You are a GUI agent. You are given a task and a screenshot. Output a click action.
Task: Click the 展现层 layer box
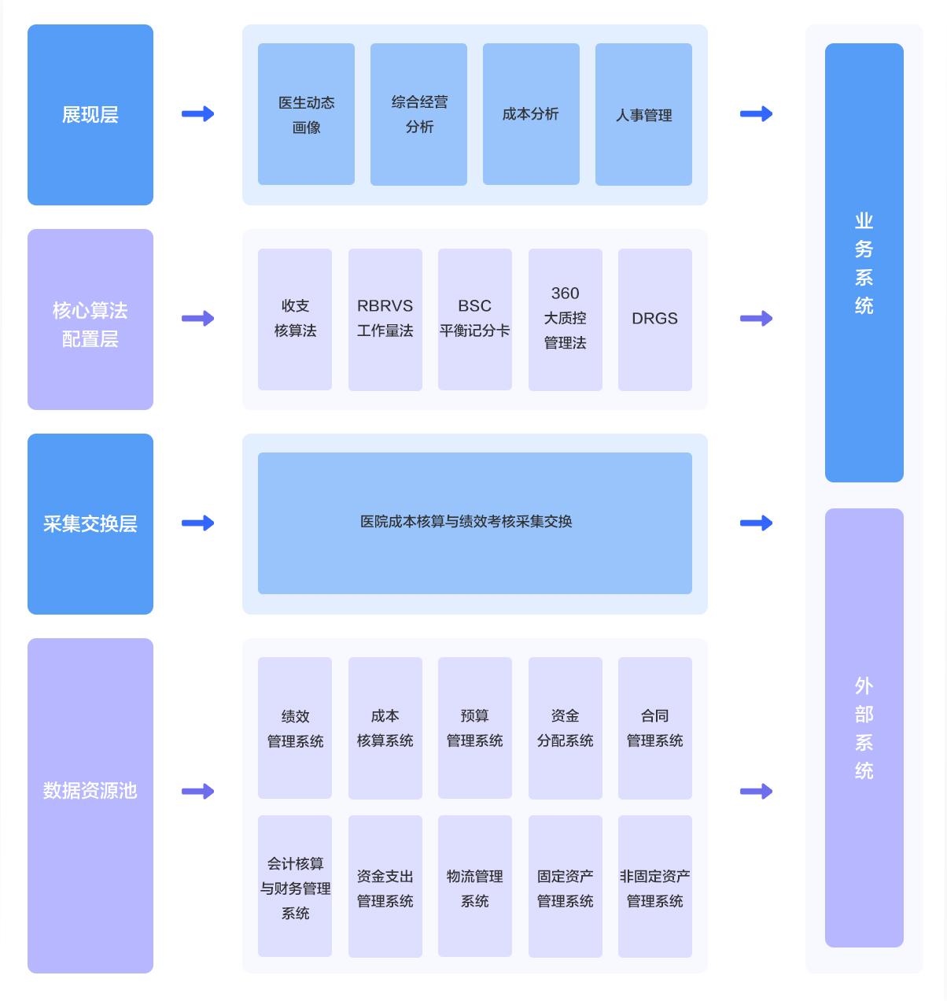click(90, 115)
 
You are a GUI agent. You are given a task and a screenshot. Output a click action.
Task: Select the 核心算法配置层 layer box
click(90, 320)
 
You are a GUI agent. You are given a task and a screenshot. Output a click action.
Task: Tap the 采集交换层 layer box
click(90, 524)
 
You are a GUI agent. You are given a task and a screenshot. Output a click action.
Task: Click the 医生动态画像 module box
click(306, 114)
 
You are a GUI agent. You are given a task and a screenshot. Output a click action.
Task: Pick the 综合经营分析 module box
click(418, 114)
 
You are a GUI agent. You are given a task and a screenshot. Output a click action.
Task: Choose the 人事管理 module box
click(643, 114)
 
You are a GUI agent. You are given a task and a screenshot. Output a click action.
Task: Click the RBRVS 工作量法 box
click(385, 320)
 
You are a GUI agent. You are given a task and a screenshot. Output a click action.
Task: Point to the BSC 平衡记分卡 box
click(474, 320)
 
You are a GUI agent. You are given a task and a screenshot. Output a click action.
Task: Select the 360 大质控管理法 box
click(565, 320)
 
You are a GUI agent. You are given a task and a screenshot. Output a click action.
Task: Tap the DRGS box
click(654, 320)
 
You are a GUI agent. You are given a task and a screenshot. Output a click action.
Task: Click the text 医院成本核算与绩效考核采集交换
click(466, 522)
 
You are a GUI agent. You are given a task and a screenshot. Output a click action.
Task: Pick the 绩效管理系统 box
click(295, 728)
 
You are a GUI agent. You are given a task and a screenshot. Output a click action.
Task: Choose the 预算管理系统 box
click(474, 728)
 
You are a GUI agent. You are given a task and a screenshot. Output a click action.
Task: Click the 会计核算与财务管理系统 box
click(295, 886)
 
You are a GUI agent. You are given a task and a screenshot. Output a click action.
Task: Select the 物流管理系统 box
click(474, 886)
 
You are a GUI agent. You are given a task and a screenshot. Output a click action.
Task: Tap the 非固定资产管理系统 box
click(654, 886)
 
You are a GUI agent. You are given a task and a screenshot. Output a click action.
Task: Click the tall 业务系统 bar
click(864, 263)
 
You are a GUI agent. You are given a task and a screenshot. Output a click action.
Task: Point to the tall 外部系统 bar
click(864, 728)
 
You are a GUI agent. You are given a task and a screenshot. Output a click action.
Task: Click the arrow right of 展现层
click(198, 114)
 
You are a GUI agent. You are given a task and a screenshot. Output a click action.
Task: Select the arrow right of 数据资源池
click(198, 792)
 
